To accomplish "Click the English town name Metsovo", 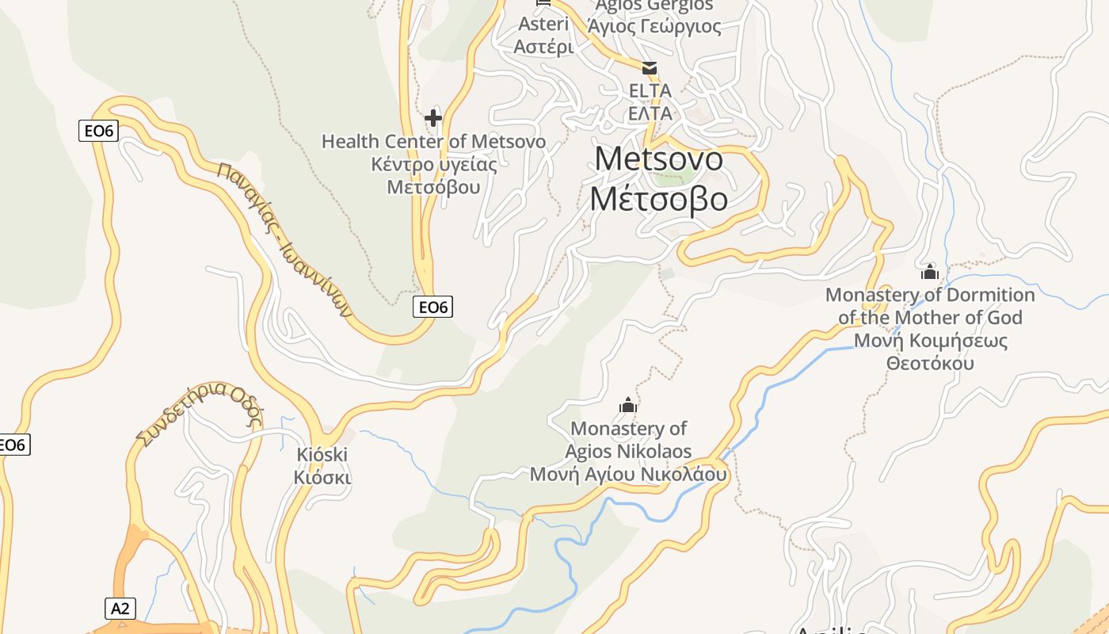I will click(658, 159).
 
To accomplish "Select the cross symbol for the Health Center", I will click(433, 119).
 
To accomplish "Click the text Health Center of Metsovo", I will click(433, 142).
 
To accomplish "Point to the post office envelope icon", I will click(650, 68).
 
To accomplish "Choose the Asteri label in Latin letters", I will click(543, 24).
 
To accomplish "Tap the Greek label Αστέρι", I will click(543, 47).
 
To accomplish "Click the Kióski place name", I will click(322, 455).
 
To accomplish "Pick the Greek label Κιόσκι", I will click(322, 478).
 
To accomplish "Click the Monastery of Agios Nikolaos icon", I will click(628, 406).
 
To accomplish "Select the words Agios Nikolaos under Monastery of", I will click(628, 452).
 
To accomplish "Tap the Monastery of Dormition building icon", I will click(930, 273).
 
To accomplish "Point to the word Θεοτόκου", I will click(930, 364).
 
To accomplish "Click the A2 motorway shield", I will click(120, 609).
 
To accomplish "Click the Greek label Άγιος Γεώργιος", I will click(655, 26).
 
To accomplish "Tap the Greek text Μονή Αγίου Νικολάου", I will click(628, 475).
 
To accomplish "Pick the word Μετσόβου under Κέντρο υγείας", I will click(433, 188).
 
